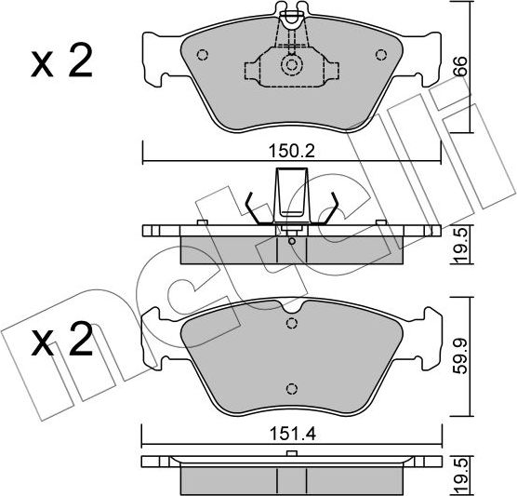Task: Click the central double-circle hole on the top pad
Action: [x=292, y=66]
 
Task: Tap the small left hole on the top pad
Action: [x=205, y=52]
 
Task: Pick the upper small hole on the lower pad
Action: [x=292, y=324]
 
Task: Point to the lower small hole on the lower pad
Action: [x=292, y=389]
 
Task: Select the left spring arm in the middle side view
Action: [x=255, y=207]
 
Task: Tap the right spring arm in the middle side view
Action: [x=329, y=207]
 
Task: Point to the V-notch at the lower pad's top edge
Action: [x=292, y=310]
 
